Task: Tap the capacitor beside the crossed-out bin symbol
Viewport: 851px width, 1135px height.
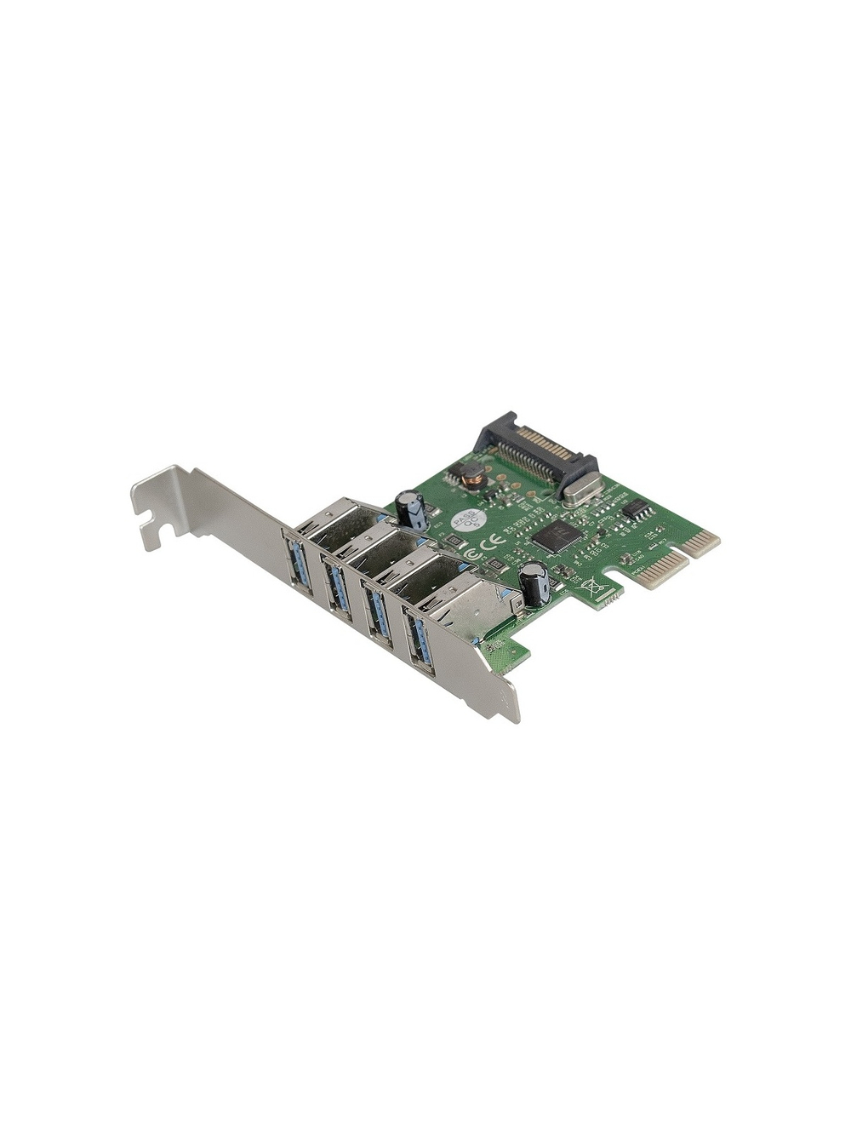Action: tap(534, 582)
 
